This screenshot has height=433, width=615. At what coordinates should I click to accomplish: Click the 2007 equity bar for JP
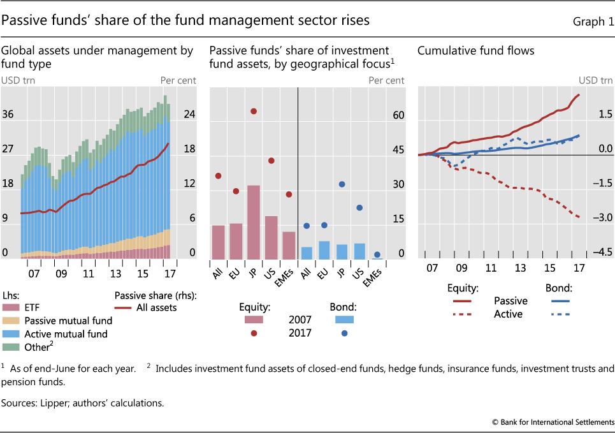tap(254, 222)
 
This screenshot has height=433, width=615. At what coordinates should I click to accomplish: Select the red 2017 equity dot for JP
tap(254, 111)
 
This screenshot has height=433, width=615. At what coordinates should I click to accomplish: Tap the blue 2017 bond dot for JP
tap(342, 184)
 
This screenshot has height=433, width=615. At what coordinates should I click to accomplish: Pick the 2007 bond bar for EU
tap(324, 250)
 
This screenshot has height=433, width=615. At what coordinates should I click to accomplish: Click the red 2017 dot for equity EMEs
tap(289, 194)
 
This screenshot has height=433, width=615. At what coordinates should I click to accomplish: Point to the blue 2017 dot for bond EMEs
tap(377, 254)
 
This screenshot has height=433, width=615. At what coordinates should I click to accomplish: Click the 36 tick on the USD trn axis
tap(9, 115)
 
